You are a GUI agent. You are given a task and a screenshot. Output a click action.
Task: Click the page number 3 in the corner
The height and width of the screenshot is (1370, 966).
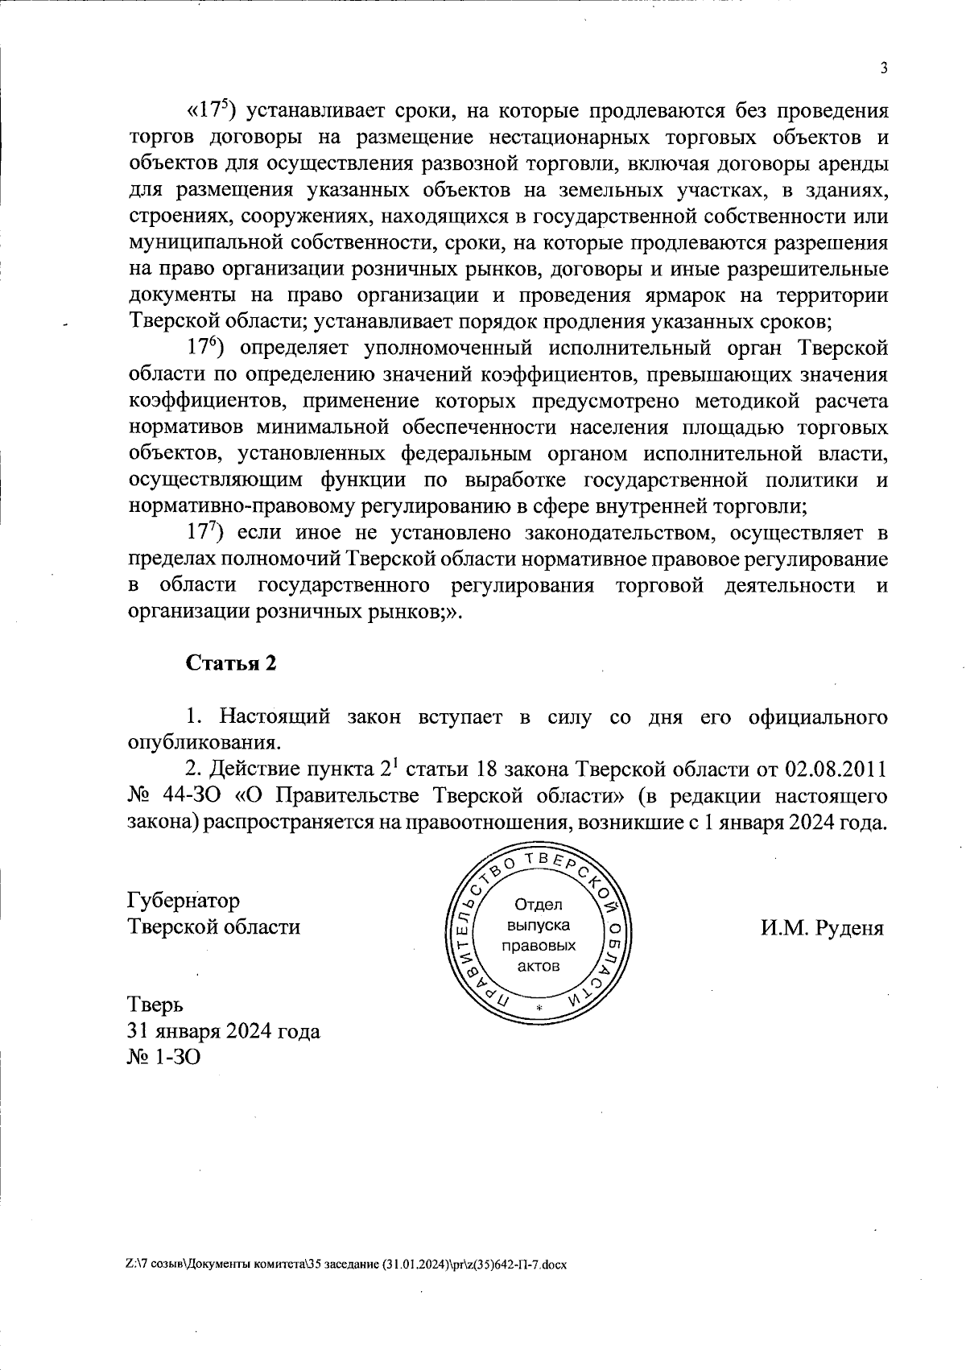pos(884,68)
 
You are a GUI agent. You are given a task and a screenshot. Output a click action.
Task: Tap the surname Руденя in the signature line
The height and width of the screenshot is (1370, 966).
pos(850,928)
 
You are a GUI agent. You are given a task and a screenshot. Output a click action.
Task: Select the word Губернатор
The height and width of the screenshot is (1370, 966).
pos(184,900)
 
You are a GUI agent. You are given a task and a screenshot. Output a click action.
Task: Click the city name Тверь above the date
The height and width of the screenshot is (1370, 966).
pos(156,1005)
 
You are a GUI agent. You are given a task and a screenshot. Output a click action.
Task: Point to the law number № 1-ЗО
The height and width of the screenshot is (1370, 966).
pos(164,1056)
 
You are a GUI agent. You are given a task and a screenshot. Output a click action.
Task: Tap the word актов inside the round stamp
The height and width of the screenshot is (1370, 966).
pos(539,965)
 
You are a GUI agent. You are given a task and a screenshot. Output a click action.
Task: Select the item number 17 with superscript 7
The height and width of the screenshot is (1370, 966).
pos(204,532)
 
